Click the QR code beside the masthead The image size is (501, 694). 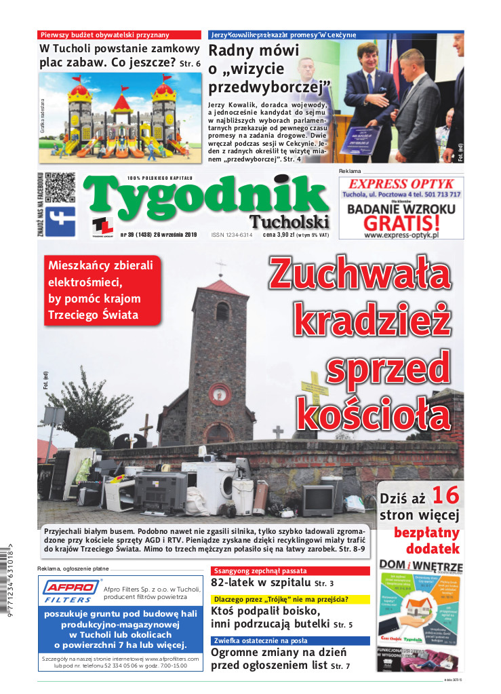tap(60, 188)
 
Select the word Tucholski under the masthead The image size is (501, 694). tap(289, 222)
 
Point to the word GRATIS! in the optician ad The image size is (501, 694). tap(401, 223)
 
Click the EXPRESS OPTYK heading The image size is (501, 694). tap(401, 184)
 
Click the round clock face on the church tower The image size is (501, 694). tap(219, 393)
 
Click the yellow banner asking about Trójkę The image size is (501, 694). tap(290, 599)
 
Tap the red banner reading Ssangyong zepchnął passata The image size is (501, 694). tap(290, 571)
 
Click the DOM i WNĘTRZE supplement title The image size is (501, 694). tap(420, 566)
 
